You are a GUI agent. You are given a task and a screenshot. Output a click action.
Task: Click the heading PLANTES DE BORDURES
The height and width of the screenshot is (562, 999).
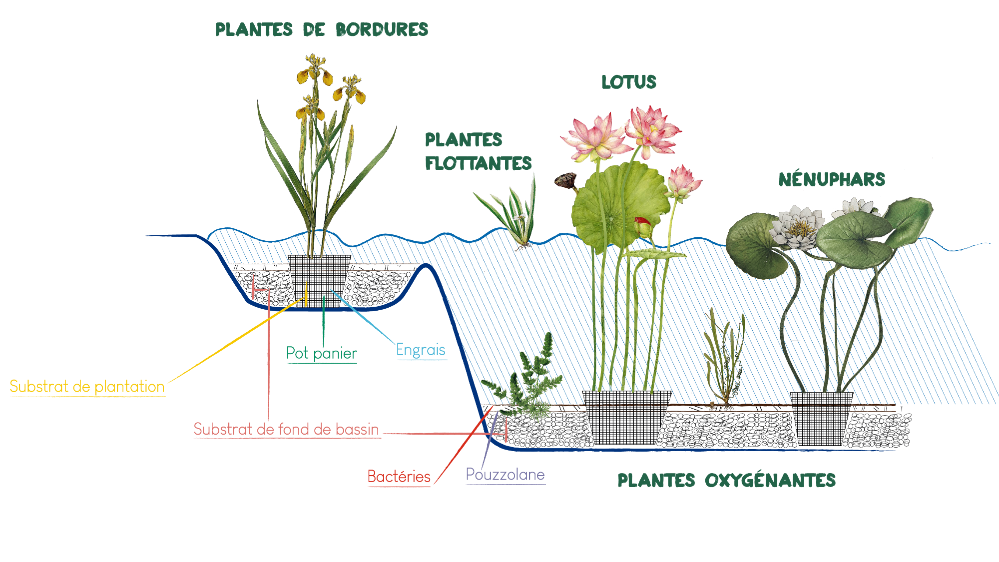(322, 29)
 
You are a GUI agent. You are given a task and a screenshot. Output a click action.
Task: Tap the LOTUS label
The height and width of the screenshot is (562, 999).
(628, 82)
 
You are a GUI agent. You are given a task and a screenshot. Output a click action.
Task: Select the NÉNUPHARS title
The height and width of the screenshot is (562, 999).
(832, 179)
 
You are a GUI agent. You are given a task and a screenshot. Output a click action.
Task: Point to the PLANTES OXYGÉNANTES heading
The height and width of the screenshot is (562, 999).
(726, 481)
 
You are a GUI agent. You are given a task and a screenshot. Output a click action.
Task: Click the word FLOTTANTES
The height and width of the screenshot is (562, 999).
(478, 163)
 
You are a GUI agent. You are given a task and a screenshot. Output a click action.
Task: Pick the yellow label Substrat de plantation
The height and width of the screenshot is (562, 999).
(87, 387)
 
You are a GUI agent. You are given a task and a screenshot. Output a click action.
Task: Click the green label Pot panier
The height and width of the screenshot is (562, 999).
(321, 354)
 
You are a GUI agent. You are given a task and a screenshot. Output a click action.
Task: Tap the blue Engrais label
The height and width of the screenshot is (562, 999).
(421, 350)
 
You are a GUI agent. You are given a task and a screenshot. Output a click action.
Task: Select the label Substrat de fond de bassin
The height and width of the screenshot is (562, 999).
(286, 429)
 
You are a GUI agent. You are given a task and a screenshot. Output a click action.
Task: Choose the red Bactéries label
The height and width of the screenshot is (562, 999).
(399, 477)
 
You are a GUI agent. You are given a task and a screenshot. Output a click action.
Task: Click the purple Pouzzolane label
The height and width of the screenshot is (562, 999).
(505, 475)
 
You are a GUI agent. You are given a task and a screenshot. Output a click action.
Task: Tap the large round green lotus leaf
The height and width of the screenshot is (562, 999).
(619, 205)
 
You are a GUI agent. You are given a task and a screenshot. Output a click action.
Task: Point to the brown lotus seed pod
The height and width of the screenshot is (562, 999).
(566, 180)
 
